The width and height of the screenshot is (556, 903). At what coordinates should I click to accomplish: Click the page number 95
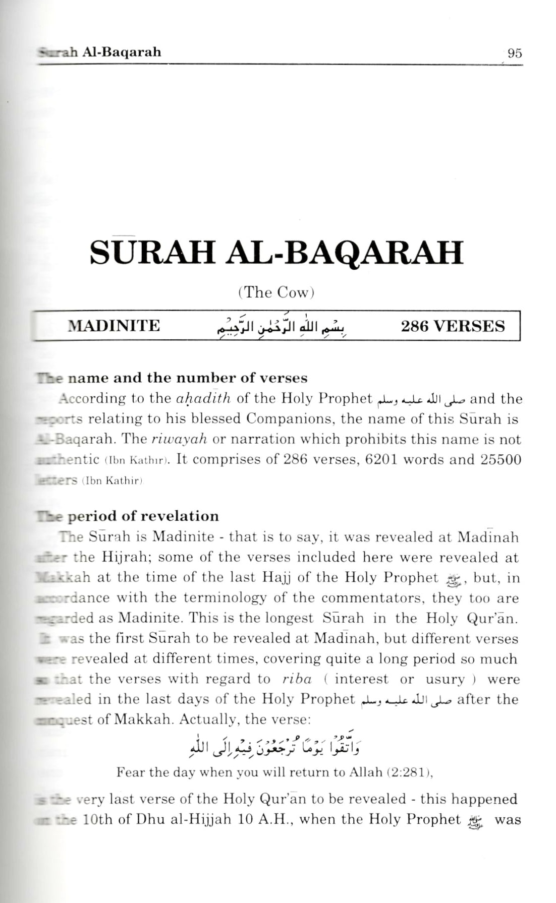point(514,53)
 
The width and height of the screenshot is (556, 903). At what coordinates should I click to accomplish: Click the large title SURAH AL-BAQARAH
point(276,253)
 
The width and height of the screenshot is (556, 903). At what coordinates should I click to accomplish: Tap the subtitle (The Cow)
point(275,293)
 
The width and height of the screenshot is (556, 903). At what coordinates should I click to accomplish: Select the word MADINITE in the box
point(114,326)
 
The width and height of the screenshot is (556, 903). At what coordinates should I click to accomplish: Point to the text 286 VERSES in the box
point(452,326)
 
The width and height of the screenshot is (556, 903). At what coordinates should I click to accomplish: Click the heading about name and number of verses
point(187,378)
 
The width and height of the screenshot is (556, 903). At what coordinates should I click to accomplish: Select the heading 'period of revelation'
point(143,516)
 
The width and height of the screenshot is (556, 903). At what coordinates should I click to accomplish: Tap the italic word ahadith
point(204,399)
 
